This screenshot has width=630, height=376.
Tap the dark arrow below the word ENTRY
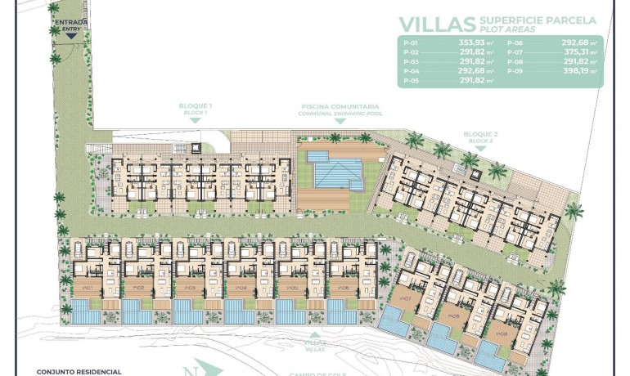click(73, 34)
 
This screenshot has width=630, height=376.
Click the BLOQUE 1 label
click(196, 107)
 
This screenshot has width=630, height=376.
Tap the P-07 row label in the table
click(514, 51)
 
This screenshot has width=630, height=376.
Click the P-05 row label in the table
click(411, 81)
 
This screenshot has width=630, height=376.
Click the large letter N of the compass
click(191, 369)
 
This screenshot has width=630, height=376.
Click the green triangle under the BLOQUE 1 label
click(196, 120)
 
